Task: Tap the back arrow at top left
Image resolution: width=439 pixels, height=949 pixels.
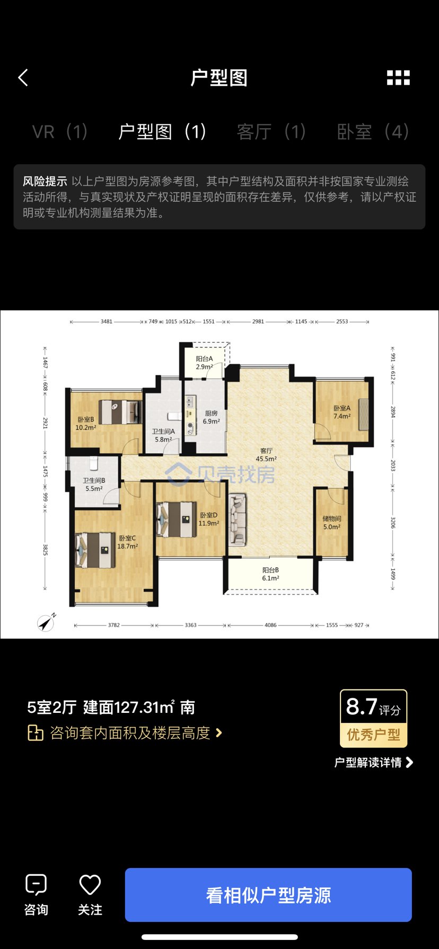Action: [23, 78]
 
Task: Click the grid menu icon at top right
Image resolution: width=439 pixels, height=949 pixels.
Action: [398, 78]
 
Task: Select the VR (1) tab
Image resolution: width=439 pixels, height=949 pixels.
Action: [60, 131]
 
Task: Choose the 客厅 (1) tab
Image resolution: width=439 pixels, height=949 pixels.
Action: [271, 131]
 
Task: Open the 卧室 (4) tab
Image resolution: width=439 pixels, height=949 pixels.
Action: [373, 131]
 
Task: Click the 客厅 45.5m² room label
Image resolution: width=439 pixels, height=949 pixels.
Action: [266, 455]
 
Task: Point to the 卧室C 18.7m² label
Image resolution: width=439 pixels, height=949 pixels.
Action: [127, 542]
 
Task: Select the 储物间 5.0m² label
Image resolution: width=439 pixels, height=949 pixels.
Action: [332, 523]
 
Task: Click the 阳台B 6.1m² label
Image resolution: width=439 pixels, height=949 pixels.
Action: [270, 574]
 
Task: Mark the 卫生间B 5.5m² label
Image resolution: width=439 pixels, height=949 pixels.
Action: [94, 485]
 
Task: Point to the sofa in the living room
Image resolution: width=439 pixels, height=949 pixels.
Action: [237, 520]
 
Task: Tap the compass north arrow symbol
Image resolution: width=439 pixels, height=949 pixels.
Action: [47, 622]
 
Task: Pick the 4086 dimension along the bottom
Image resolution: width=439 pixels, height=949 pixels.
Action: [270, 625]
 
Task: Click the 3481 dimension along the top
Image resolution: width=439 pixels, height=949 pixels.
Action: [107, 321]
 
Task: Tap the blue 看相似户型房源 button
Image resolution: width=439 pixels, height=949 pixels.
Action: [268, 895]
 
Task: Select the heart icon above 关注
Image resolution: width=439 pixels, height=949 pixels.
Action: [90, 884]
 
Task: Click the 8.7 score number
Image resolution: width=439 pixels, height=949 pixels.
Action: [362, 706]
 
